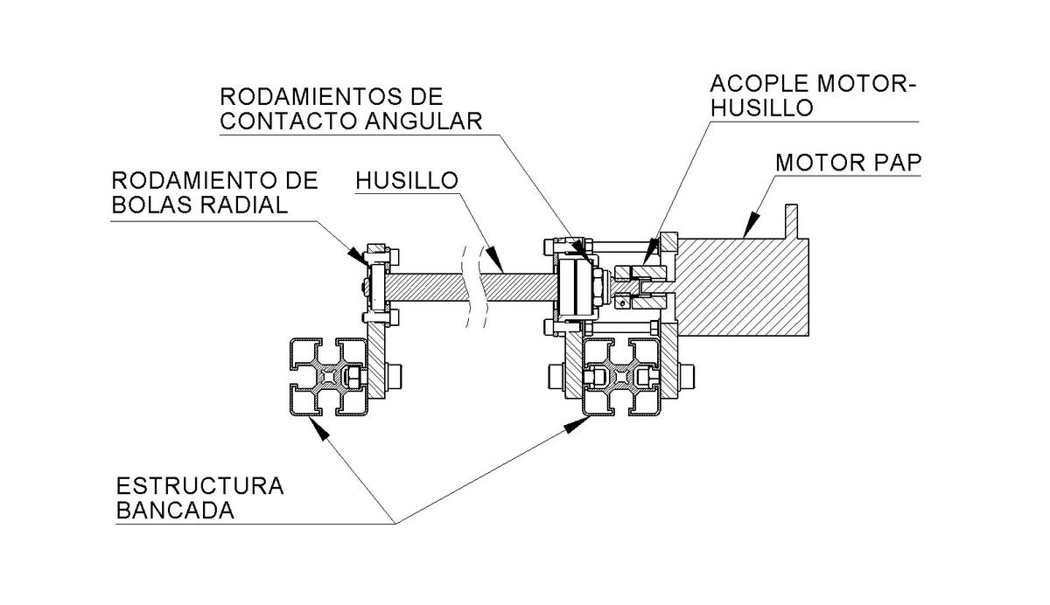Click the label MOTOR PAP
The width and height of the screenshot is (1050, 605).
coord(848,163)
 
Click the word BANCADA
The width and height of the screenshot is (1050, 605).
coord(175,511)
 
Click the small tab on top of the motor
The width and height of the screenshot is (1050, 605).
coord(793,220)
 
